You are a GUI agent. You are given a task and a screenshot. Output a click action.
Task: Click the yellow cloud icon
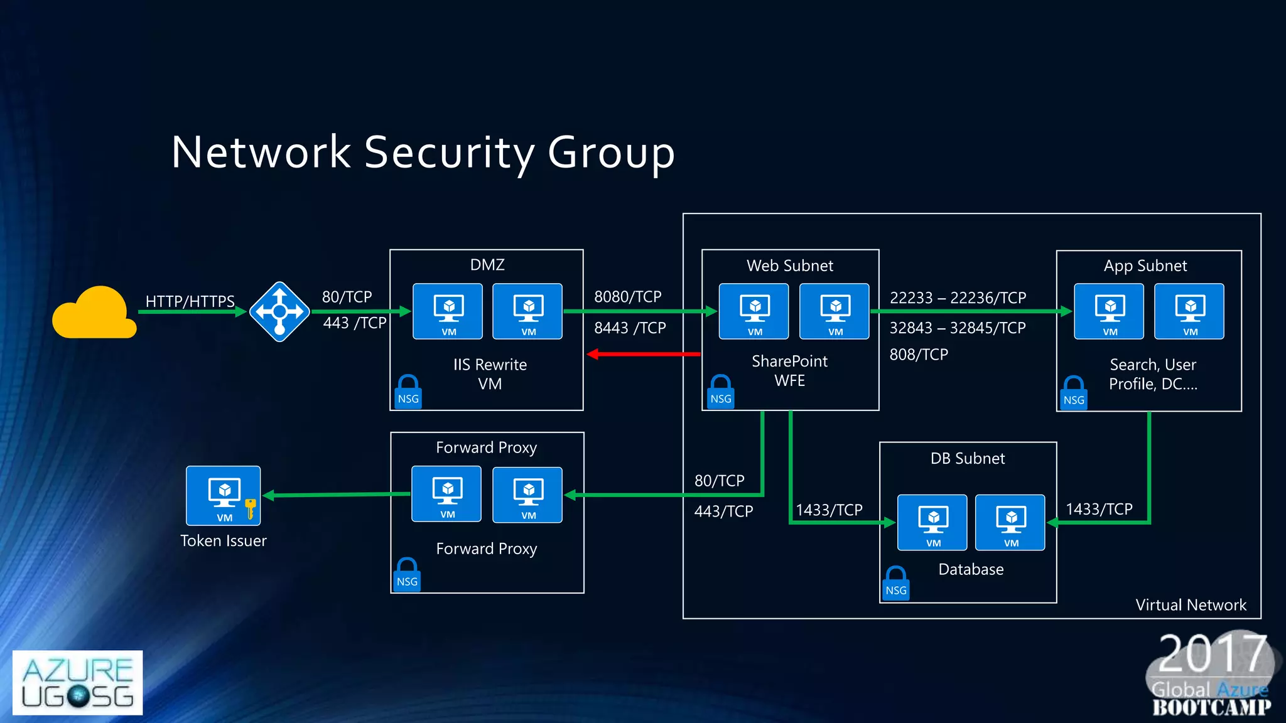tap(94, 314)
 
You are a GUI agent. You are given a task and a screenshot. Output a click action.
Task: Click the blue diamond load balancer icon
tap(279, 311)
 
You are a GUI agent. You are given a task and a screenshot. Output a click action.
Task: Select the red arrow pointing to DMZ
tap(644, 355)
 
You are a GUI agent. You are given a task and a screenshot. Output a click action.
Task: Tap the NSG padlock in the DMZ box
tap(408, 392)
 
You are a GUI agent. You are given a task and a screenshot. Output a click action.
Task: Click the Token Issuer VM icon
tap(223, 495)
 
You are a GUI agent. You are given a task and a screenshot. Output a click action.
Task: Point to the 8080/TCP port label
tap(627, 297)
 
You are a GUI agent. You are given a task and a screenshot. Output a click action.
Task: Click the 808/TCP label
tap(918, 355)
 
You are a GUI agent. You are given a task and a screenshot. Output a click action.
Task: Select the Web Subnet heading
tap(789, 265)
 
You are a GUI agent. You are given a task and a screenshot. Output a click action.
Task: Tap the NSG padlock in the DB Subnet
tap(895, 584)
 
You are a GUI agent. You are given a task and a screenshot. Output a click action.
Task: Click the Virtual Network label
tap(1191, 605)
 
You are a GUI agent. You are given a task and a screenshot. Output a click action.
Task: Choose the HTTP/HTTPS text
tap(190, 301)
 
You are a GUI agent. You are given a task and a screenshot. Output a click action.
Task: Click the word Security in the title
tap(449, 153)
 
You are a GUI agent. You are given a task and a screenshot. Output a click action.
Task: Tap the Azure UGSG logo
tap(77, 683)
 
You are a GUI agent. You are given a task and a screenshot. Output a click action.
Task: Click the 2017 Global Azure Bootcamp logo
tap(1211, 675)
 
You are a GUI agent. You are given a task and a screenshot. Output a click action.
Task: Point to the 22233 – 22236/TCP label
tap(958, 297)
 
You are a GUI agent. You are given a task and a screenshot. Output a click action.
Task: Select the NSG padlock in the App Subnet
tap(1074, 394)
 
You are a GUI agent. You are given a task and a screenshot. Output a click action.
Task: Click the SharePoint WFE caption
tap(789, 371)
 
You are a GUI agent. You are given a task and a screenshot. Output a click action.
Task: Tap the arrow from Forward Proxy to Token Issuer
tap(336, 495)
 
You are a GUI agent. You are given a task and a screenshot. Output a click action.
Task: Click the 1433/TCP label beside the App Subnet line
tap(1099, 509)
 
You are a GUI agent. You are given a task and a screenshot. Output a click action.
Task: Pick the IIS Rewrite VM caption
tap(490, 374)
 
